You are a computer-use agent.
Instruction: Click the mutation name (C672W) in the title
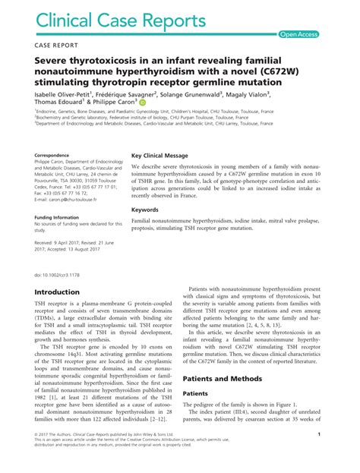(x=267, y=73)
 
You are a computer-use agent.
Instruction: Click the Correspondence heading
(x=56, y=156)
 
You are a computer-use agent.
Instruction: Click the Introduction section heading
(x=68, y=292)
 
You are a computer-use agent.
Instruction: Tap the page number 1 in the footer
(x=340, y=456)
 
